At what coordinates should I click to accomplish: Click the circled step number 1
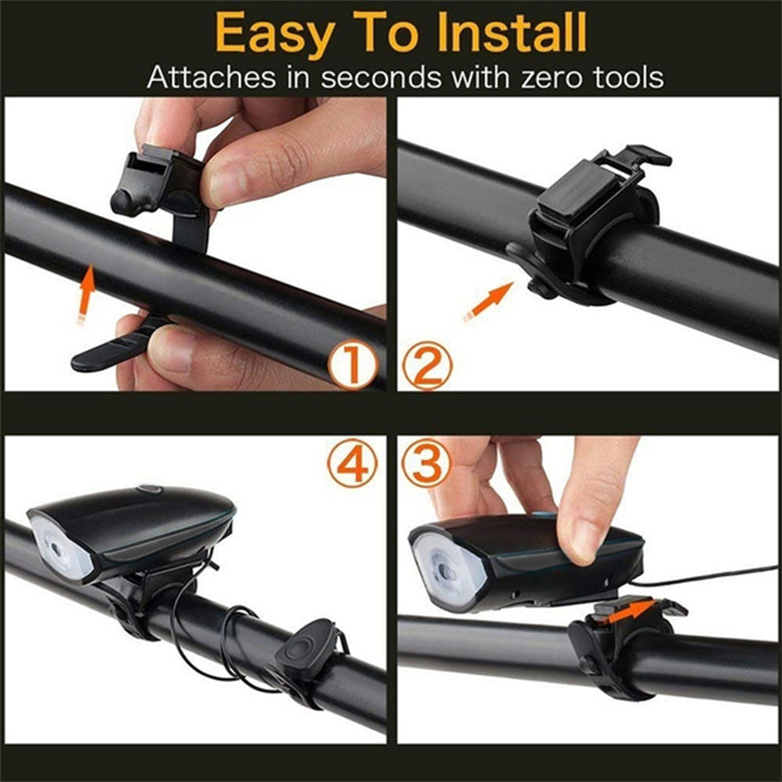pyautogui.click(x=352, y=366)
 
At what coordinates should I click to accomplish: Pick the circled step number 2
pyautogui.click(x=426, y=366)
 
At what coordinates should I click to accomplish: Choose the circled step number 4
pyautogui.click(x=352, y=464)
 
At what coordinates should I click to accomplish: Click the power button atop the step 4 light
pyautogui.click(x=149, y=488)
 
